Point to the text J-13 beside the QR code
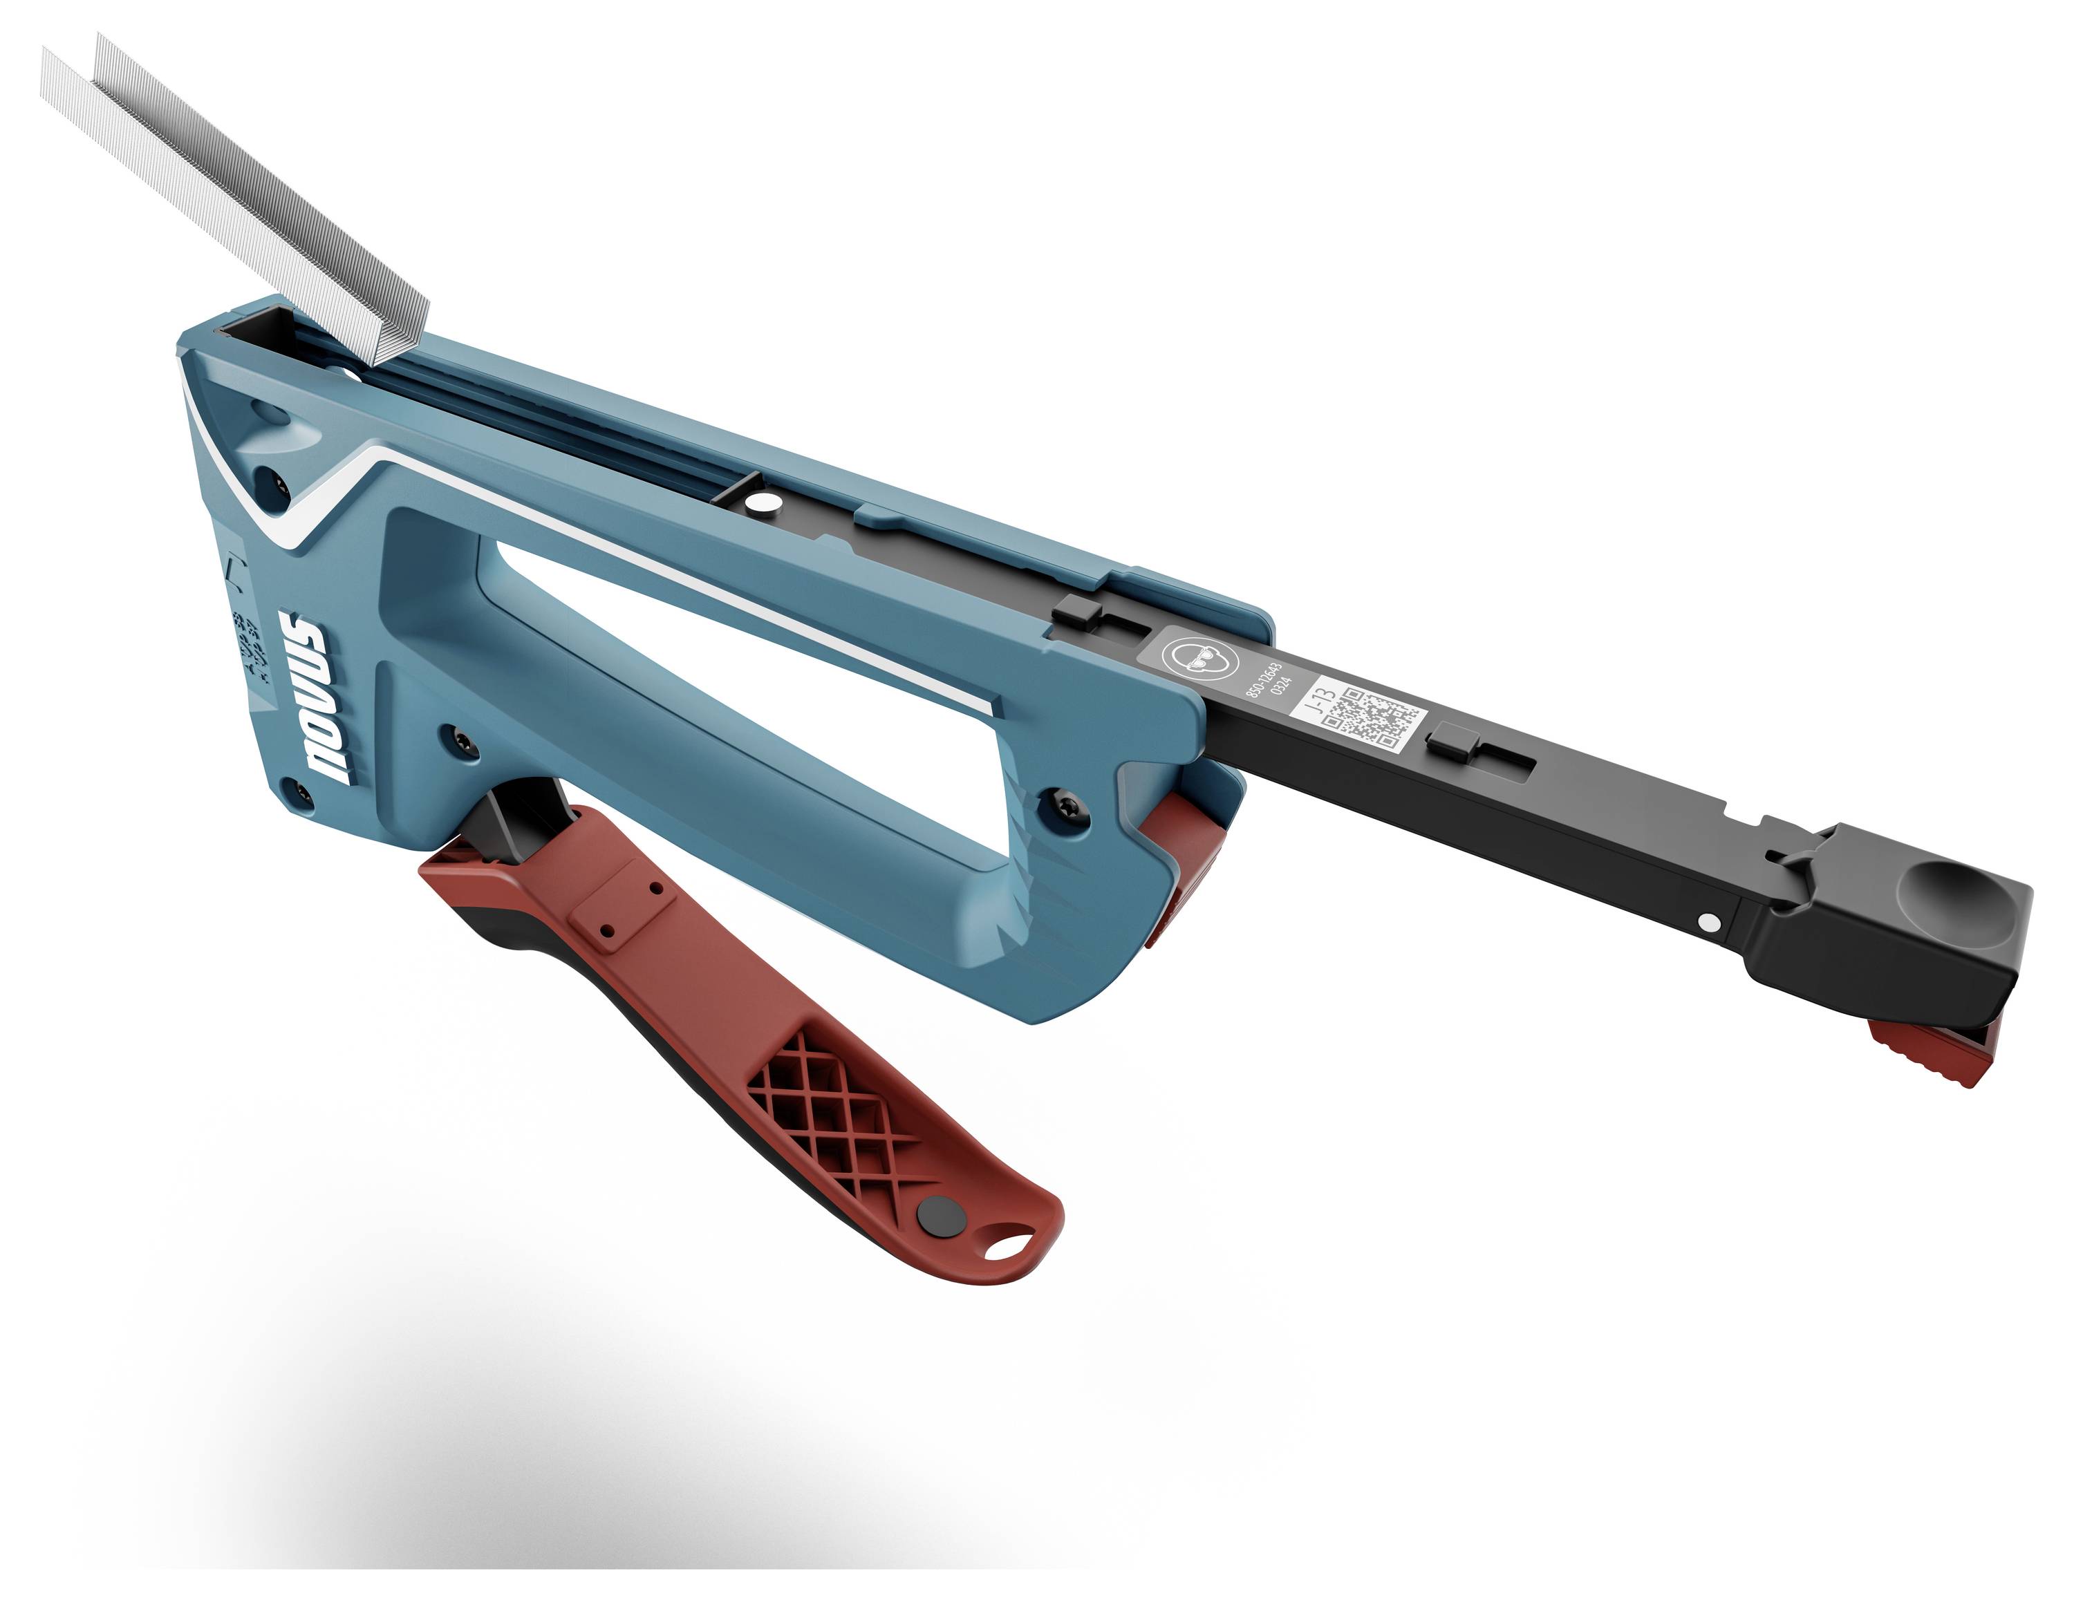point(1323,704)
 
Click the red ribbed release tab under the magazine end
point(1927,1054)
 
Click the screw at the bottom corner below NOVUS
point(300,794)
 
